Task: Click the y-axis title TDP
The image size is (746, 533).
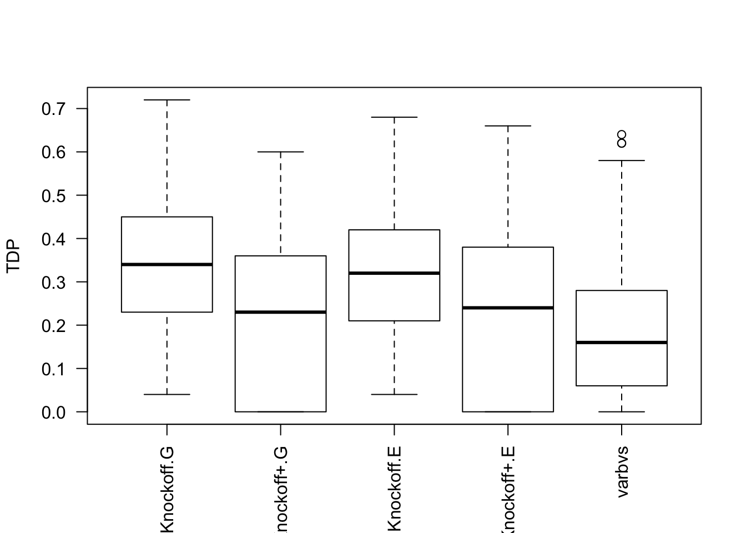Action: tap(14, 257)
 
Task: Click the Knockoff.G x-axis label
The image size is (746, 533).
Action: tap(167, 489)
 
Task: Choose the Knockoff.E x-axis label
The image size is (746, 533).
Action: tap(395, 489)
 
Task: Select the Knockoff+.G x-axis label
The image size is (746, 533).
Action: tap(281, 491)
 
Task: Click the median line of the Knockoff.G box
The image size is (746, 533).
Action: tap(167, 264)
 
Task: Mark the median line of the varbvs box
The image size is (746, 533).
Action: tap(622, 343)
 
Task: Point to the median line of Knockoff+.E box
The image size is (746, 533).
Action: tap(508, 308)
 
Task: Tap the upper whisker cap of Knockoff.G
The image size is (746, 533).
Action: tap(167, 100)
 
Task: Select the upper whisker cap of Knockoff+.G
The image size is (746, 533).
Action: tap(281, 152)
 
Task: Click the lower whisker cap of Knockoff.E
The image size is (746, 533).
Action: tap(395, 394)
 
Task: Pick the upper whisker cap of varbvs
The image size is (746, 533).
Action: tap(622, 160)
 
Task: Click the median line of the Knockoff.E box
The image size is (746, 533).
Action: tap(395, 273)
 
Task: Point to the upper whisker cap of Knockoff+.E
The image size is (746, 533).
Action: tap(508, 126)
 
